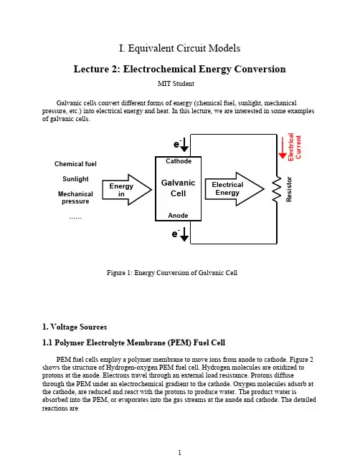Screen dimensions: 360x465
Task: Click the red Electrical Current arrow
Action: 283,148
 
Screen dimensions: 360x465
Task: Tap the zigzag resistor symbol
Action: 277,189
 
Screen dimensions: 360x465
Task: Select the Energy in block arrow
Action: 127,190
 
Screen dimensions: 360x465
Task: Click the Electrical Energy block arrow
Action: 235,189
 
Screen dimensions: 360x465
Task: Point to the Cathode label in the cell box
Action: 179,161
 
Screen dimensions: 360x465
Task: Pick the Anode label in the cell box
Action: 178,215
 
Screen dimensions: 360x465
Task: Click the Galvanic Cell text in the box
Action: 178,188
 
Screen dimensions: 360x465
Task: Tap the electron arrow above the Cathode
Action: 184,145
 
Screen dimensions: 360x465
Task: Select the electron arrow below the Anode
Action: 184,234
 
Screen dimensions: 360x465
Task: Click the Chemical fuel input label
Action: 75,164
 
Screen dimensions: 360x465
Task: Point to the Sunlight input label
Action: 75,179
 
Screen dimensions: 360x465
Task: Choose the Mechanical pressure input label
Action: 75,198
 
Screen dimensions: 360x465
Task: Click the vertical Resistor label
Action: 289,189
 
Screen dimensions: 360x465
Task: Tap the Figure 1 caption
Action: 172,273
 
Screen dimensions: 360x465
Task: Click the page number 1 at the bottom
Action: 179,453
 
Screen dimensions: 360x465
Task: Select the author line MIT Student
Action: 176,84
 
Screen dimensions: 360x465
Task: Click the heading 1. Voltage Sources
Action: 75,327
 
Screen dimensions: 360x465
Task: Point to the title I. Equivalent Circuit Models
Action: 179,48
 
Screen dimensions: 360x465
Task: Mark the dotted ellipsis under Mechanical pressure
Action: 75,218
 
